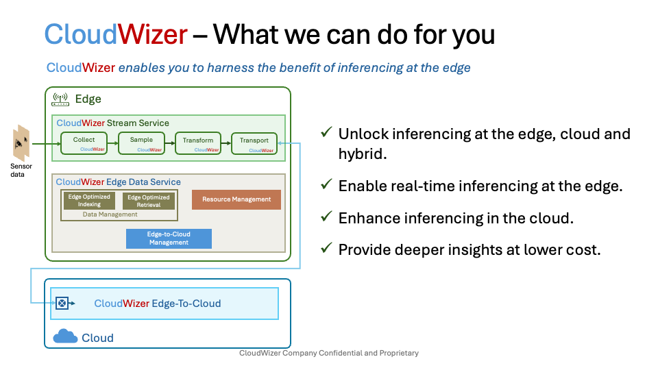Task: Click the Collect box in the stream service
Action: [x=83, y=143]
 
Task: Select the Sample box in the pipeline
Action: [x=141, y=143]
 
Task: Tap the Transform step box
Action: [x=198, y=143]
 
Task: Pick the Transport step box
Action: [x=254, y=143]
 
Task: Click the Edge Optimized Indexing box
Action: [x=89, y=201]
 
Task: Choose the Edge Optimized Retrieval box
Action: [x=149, y=201]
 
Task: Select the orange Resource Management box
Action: [x=236, y=199]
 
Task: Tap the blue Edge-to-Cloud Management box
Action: [x=169, y=238]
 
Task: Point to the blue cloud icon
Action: [x=65, y=336]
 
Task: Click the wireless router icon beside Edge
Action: [x=60, y=99]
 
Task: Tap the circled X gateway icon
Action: [x=62, y=303]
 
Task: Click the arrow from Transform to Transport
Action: [x=226, y=143]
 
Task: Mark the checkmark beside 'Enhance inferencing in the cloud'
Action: [x=327, y=217]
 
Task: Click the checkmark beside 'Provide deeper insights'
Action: [x=327, y=249]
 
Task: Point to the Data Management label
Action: [x=110, y=214]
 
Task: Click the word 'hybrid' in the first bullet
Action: [x=363, y=154]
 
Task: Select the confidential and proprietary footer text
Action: [x=328, y=354]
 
